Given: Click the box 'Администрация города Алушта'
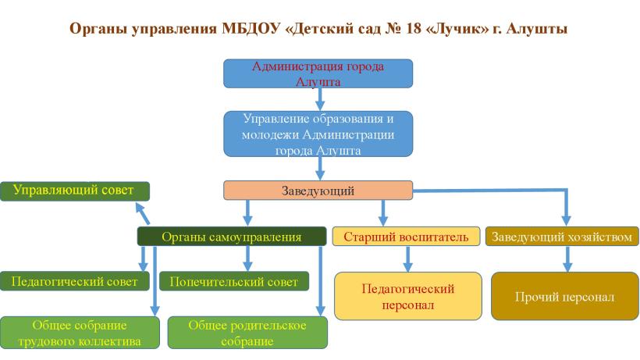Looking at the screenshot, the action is click(x=318, y=73).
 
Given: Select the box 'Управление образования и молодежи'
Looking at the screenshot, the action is click(x=318, y=134).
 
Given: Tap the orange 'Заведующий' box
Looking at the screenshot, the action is click(x=318, y=191).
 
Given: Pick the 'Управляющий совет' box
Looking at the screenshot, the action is click(x=75, y=191).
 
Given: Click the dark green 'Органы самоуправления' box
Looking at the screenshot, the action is click(x=232, y=237).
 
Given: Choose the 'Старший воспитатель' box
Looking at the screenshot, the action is click(x=406, y=237).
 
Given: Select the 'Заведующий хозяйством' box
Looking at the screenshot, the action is click(x=562, y=237).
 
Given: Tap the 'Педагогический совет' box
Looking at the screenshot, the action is click(x=75, y=281).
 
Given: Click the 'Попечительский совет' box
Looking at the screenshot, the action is click(x=234, y=281).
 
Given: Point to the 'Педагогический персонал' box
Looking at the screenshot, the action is click(x=408, y=296).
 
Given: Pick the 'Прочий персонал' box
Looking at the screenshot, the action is click(x=565, y=296).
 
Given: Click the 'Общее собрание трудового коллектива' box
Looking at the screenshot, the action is click(x=80, y=333).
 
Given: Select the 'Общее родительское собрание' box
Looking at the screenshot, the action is click(x=247, y=333).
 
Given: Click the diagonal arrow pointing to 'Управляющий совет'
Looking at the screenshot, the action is click(x=143, y=213).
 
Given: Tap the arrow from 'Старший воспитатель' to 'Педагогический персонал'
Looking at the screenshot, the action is click(x=407, y=258).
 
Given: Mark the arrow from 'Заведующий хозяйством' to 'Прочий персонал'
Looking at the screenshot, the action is click(x=567, y=258).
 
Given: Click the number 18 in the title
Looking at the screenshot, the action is click(x=413, y=29).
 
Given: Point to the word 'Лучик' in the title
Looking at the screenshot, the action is click(x=457, y=29).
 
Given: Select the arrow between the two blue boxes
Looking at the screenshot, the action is click(x=320, y=99).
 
